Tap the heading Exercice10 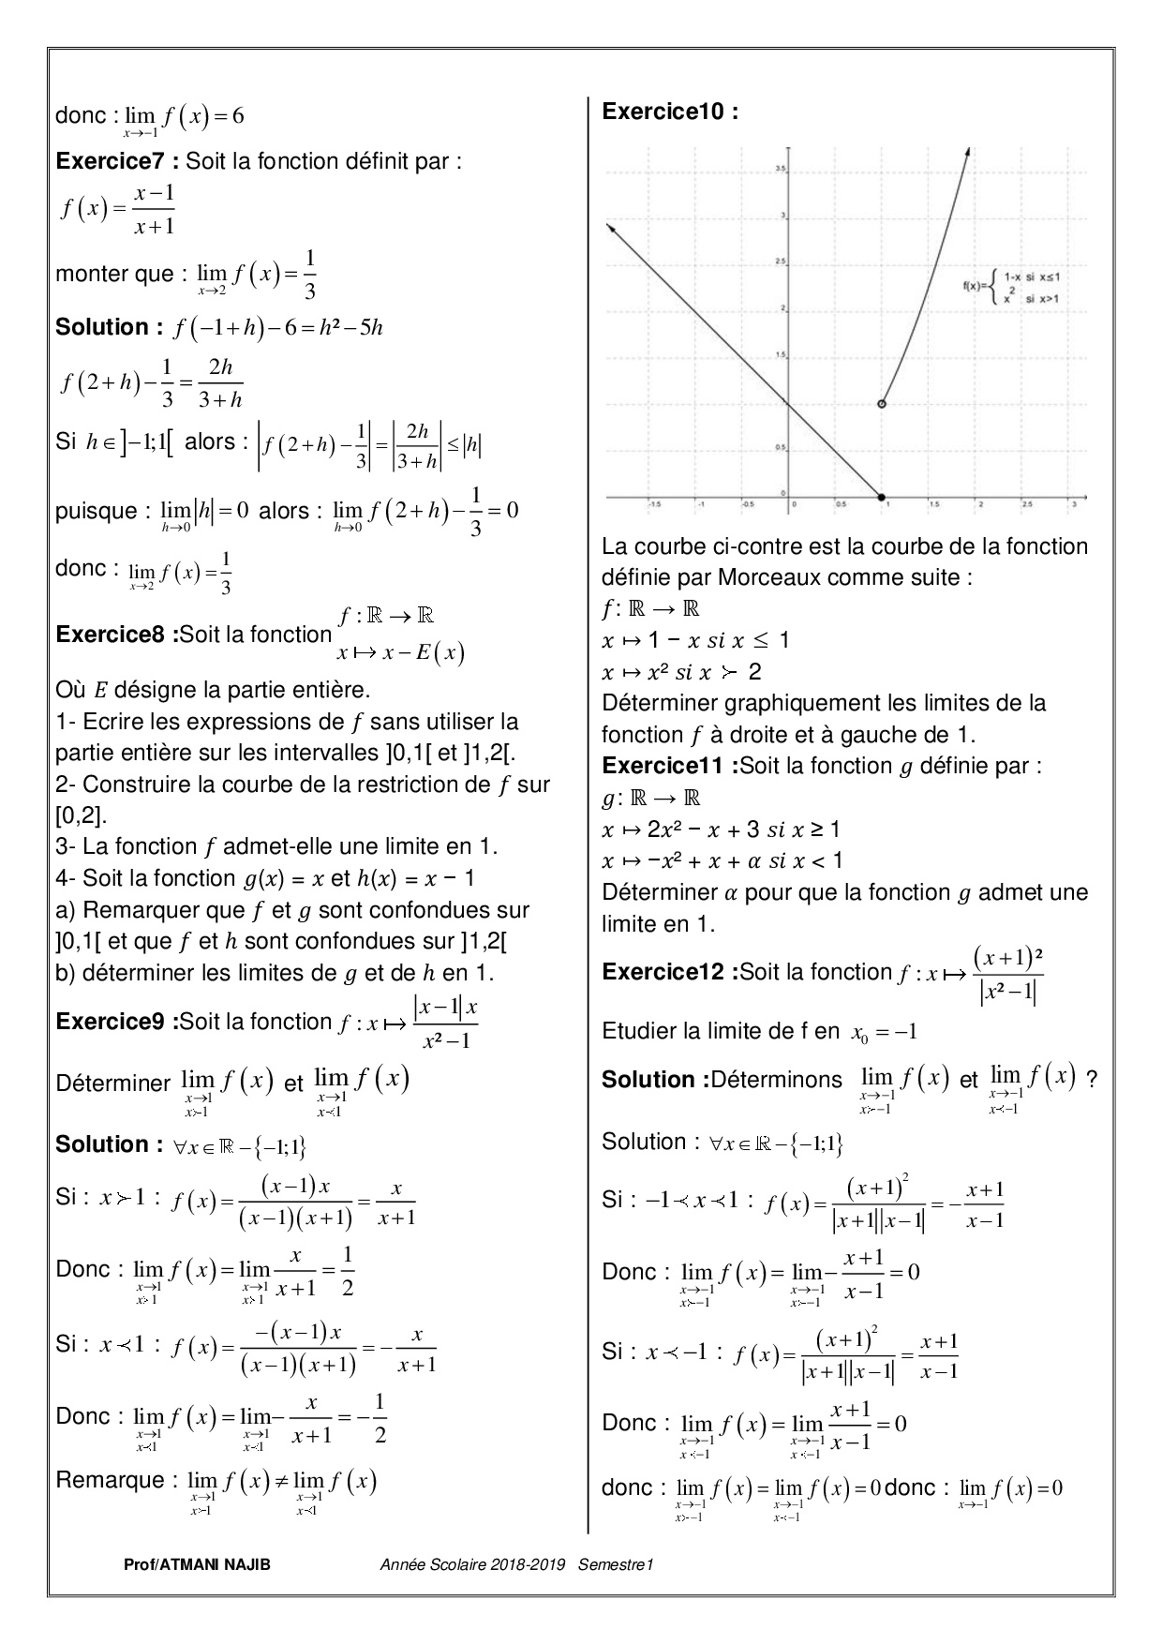(x=669, y=112)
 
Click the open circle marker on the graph (x=881, y=404)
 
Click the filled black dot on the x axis (x=881, y=496)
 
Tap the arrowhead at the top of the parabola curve (x=967, y=151)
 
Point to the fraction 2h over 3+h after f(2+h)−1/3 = (x=220, y=383)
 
